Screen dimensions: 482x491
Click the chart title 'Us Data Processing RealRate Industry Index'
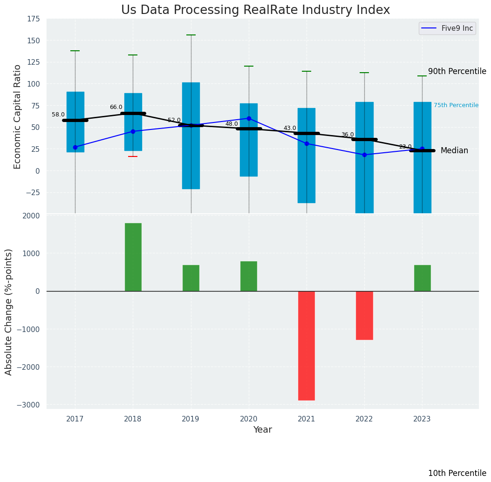(x=255, y=10)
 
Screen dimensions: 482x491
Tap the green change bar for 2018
(x=133, y=257)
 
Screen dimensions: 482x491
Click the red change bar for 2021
(x=307, y=346)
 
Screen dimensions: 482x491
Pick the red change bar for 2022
(x=364, y=315)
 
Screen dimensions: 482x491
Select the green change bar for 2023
(x=422, y=278)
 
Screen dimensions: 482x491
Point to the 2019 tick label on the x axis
(x=191, y=419)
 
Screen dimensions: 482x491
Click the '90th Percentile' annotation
(x=457, y=71)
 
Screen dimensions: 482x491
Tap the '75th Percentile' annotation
(x=456, y=105)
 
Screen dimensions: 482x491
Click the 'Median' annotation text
(x=454, y=150)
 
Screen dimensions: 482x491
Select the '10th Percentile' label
(x=457, y=473)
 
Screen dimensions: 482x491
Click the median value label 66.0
(x=116, y=107)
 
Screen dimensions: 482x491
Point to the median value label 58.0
(x=58, y=115)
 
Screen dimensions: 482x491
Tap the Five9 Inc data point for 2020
(x=249, y=118)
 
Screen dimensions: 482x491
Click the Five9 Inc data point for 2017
(x=75, y=147)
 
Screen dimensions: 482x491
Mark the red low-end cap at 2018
(x=133, y=156)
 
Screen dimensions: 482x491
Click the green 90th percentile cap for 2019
(x=191, y=35)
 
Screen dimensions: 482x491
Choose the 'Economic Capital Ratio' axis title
(x=18, y=116)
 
